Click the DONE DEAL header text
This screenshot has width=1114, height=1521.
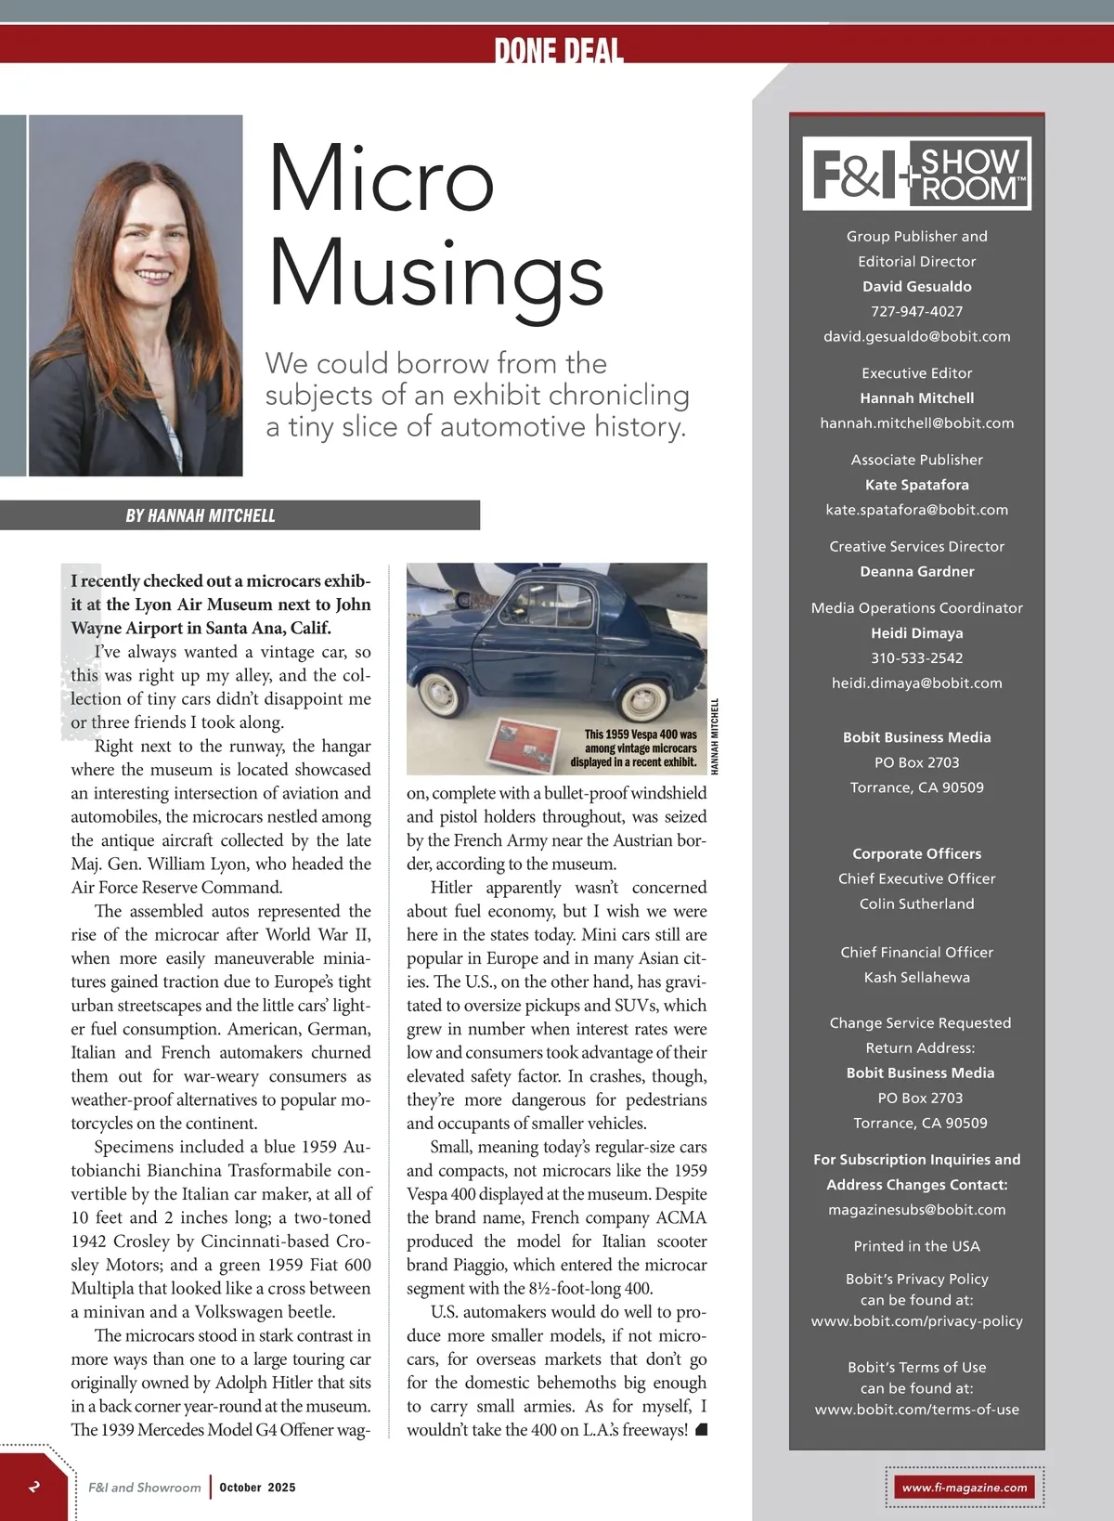558,50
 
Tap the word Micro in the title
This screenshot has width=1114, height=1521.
381,178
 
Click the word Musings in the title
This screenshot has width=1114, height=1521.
435,274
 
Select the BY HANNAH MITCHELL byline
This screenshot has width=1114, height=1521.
201,515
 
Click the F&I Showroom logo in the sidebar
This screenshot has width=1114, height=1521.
916,173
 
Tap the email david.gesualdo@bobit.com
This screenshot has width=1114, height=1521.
916,336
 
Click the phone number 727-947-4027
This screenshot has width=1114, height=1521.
916,311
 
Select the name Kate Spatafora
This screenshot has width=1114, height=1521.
916,485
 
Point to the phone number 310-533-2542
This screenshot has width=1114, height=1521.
916,657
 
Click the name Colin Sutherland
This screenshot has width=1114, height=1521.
916,903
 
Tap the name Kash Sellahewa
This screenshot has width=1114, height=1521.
916,977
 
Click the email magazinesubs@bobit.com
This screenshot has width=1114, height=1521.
916,1209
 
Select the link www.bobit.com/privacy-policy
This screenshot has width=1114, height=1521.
916,1320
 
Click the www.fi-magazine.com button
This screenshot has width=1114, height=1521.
965,1487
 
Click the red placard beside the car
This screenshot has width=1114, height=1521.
526,744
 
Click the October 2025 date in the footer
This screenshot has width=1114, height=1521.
257,1487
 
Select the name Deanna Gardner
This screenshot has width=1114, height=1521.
916,571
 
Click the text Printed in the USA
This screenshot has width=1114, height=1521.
916,1246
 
